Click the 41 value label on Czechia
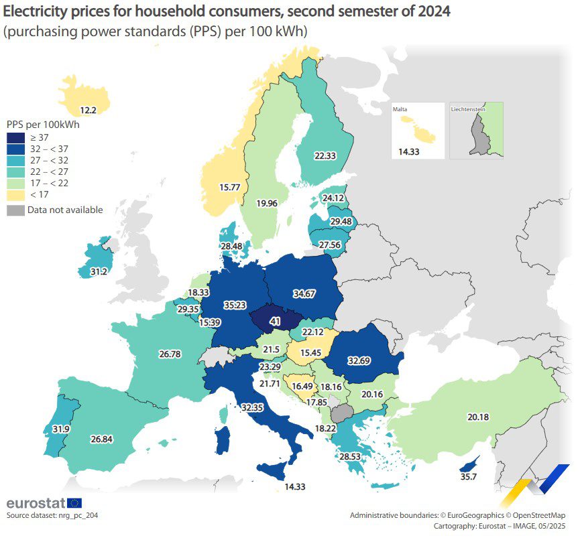[275, 322]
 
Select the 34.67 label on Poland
[305, 293]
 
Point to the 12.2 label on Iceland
[89, 110]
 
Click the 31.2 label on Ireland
[89, 271]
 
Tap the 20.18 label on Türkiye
[478, 417]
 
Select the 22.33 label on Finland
[325, 155]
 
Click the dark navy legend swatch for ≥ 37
[15, 137]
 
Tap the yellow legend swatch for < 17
[15, 194]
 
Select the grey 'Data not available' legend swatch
[15, 210]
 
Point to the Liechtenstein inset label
[468, 108]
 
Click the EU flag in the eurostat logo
[74, 502]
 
